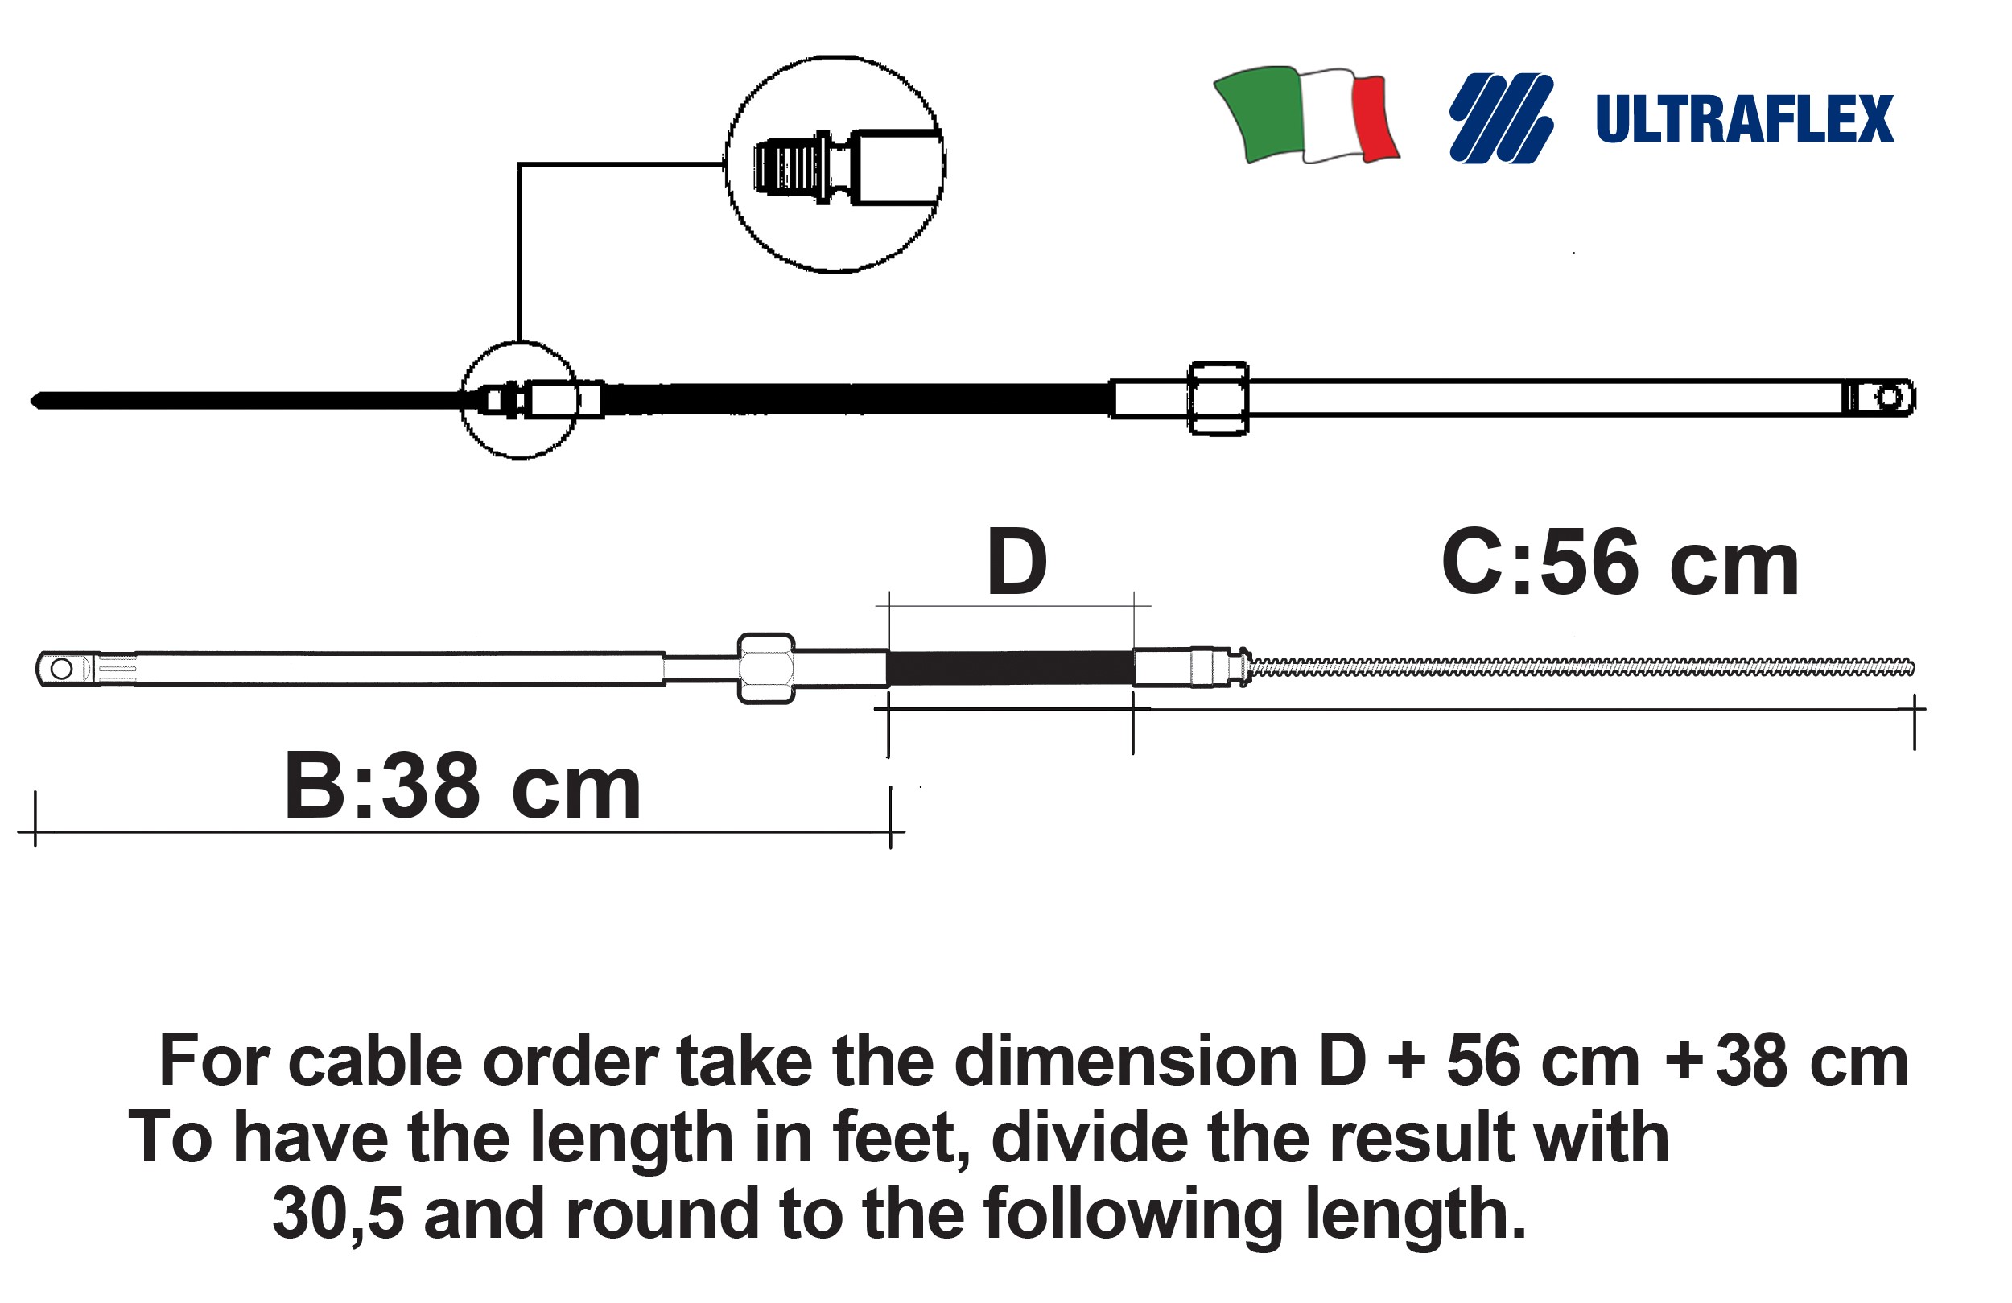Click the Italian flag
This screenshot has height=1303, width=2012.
point(1305,115)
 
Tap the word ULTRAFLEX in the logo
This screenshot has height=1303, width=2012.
point(1744,119)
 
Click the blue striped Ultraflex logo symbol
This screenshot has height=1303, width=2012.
point(1500,118)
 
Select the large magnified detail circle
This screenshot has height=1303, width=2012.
point(835,164)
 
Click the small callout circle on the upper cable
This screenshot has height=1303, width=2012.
point(520,400)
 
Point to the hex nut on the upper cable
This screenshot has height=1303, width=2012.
point(1218,398)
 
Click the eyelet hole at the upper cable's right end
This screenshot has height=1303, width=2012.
point(1887,397)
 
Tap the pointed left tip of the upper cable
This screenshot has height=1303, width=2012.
point(35,400)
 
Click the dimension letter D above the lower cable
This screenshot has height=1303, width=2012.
point(1016,563)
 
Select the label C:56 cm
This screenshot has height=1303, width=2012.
point(1619,564)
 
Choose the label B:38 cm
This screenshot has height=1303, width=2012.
point(463,786)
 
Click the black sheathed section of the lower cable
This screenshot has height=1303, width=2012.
point(1010,667)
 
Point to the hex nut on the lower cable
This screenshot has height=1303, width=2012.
point(766,668)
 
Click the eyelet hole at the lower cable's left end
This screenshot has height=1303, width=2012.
point(62,669)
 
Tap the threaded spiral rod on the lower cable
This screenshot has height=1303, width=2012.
point(1581,667)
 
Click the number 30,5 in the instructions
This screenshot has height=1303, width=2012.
point(337,1214)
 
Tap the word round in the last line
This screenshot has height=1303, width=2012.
point(662,1214)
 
